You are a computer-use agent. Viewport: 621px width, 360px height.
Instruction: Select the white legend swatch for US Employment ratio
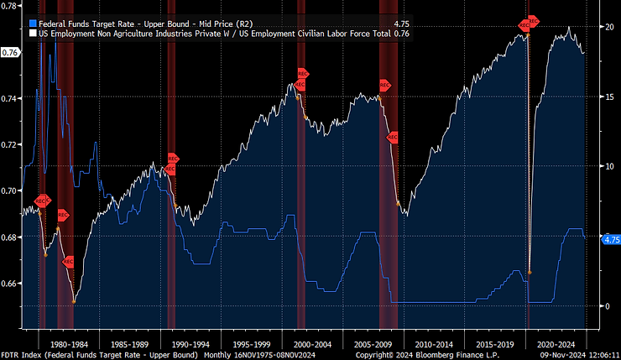31,34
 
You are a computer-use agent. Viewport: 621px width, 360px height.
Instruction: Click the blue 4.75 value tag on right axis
612,239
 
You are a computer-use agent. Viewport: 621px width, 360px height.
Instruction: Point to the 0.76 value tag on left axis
11,53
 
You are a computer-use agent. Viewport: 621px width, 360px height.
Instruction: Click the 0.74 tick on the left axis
10,99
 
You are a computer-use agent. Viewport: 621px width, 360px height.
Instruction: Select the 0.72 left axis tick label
10,145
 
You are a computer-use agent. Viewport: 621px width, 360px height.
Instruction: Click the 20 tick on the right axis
608,27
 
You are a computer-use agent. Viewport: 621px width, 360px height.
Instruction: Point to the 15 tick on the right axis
608,97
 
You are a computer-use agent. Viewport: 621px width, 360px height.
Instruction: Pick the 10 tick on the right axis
608,166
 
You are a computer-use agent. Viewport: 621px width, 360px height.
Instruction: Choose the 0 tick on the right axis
605,305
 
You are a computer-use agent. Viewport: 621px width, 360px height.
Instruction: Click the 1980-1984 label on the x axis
69,344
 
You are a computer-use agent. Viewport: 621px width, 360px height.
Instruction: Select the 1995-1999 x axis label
251,344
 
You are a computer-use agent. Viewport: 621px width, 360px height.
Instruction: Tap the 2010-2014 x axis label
434,344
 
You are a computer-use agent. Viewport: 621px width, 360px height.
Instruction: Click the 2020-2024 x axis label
555,344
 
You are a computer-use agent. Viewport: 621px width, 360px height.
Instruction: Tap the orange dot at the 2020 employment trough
530,272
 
